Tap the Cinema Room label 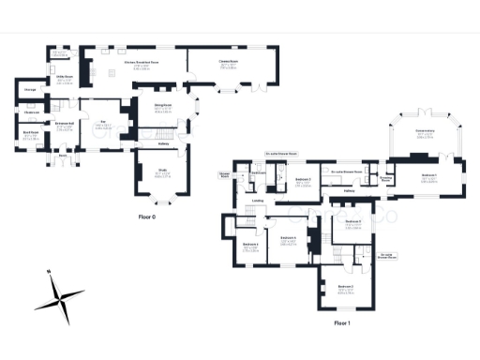[x=226, y=63]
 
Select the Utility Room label [x=65, y=77]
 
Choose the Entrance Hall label [x=65, y=124]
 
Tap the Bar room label [x=105, y=121]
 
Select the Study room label [x=161, y=172]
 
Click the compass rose [x=59, y=297]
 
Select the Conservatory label [x=425, y=135]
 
